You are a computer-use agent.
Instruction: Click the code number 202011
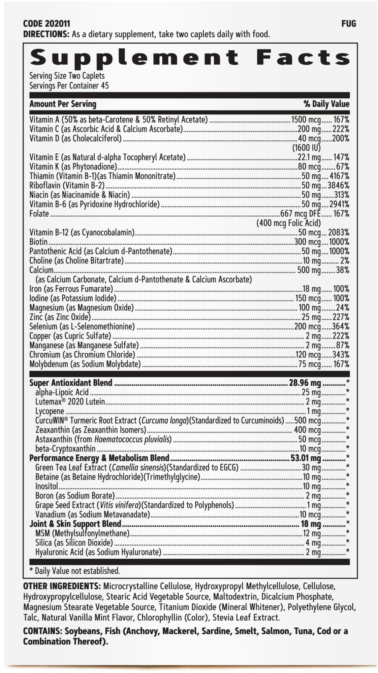[x=57, y=24]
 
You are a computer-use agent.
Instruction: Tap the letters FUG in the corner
[x=349, y=24]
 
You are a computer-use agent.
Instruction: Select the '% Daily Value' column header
[x=326, y=104]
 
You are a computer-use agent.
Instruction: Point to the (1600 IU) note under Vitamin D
[x=306, y=148]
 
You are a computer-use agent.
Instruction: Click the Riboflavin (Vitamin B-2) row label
[x=67, y=185]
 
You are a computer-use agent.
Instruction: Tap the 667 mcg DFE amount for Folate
[x=300, y=214]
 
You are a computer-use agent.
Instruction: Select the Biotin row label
[x=38, y=242]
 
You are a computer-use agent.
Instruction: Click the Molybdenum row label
[x=85, y=364]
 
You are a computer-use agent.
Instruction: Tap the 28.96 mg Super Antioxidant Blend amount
[x=305, y=383]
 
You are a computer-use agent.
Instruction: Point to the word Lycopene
[x=50, y=411]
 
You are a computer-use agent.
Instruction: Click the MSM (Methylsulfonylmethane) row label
[x=82, y=533]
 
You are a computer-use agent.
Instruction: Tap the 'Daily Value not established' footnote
[x=77, y=571]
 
